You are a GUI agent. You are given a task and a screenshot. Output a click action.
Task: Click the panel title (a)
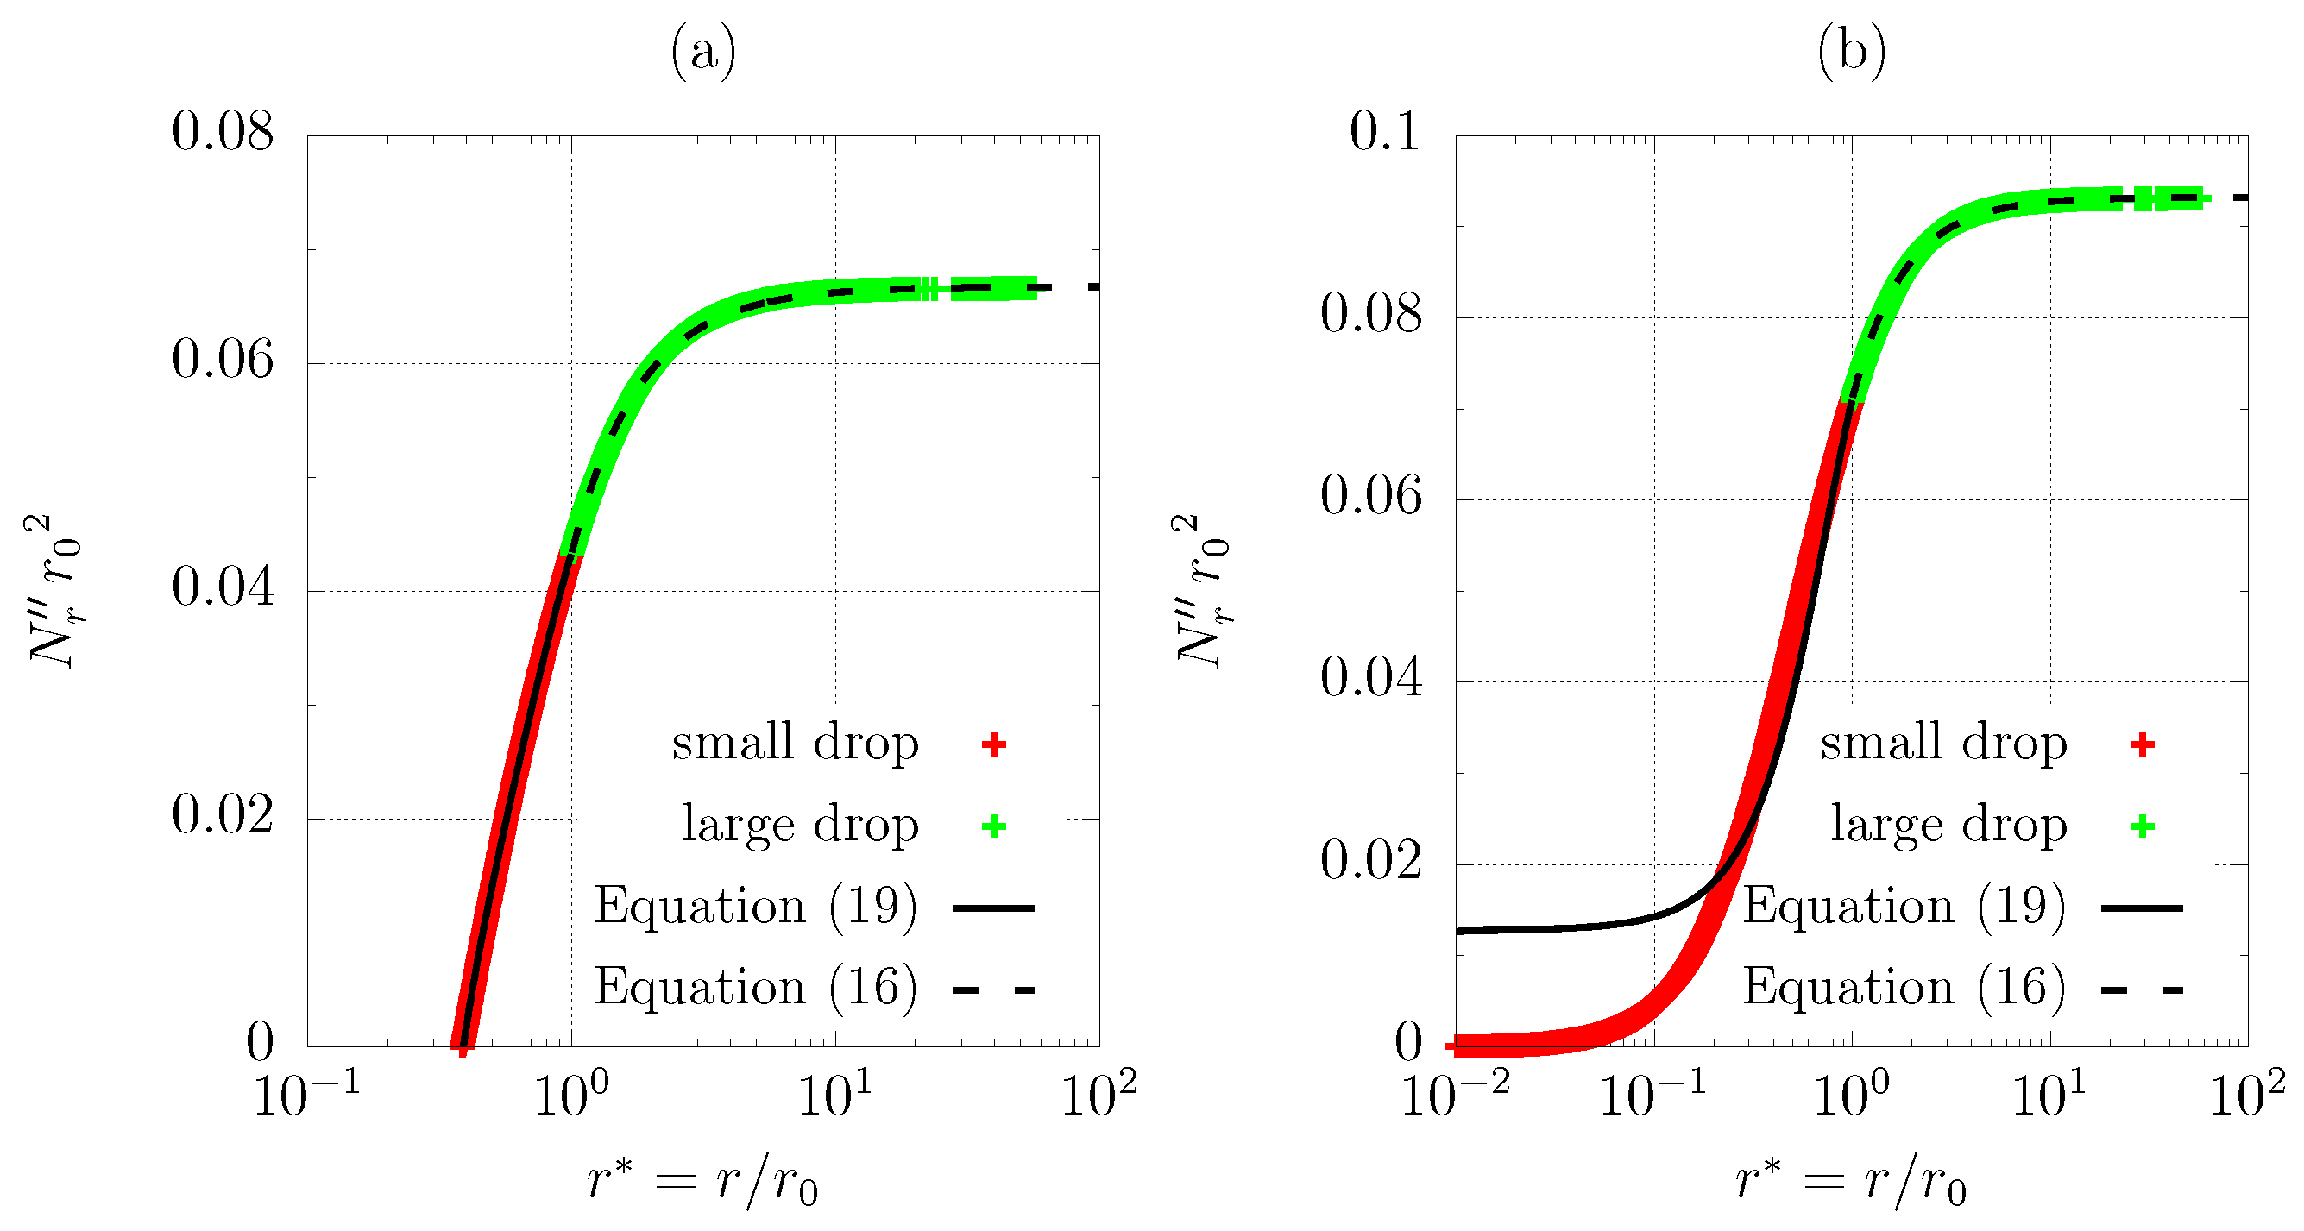tap(703, 52)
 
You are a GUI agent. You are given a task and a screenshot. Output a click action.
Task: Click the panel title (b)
tap(1852, 52)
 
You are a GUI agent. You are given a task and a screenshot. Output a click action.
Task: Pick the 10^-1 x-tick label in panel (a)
tap(307, 1092)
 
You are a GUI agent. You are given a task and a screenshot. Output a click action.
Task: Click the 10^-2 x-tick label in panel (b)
tap(1455, 1092)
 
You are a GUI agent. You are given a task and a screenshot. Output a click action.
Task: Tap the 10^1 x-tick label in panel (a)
tap(834, 1092)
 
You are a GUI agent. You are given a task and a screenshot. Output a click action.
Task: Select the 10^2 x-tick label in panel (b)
tap(2247, 1092)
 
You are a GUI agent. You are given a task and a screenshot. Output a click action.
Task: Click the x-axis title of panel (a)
tap(703, 1182)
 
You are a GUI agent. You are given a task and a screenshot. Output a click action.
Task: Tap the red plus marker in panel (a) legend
tap(994, 744)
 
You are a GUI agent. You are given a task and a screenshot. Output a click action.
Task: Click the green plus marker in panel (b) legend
tap(2142, 826)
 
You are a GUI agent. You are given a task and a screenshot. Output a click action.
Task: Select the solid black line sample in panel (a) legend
tap(994, 908)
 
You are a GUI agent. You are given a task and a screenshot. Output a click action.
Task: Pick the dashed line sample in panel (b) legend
tap(2142, 989)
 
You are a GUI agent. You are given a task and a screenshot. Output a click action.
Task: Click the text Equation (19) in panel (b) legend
tap(1904, 907)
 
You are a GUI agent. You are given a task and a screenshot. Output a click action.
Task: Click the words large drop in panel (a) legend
tap(801, 824)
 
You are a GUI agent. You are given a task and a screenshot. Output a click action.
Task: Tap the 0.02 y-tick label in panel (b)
tap(1371, 861)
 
